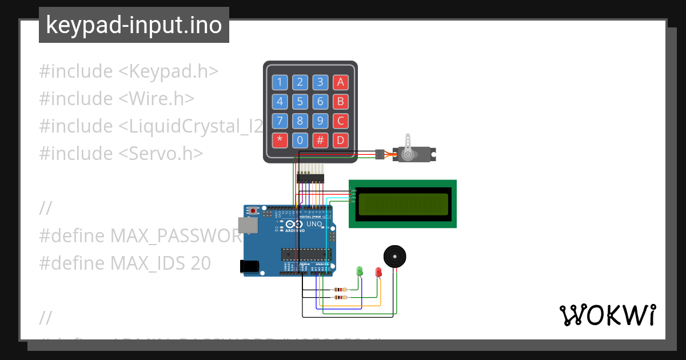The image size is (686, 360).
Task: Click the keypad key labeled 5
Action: [300, 102]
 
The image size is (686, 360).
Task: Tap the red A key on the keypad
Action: [341, 82]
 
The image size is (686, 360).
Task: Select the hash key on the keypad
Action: [321, 140]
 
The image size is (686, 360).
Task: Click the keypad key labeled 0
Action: [300, 140]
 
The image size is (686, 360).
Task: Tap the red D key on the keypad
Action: [341, 140]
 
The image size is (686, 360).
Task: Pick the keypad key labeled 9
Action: [321, 121]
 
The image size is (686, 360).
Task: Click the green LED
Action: [360, 271]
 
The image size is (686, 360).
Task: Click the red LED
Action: [378, 272]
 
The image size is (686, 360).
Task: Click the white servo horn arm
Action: [407, 146]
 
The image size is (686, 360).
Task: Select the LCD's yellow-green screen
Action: [402, 204]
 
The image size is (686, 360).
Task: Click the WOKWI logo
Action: [607, 315]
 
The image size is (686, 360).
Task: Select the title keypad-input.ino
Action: [134, 25]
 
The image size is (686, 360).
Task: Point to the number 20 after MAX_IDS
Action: [201, 263]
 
